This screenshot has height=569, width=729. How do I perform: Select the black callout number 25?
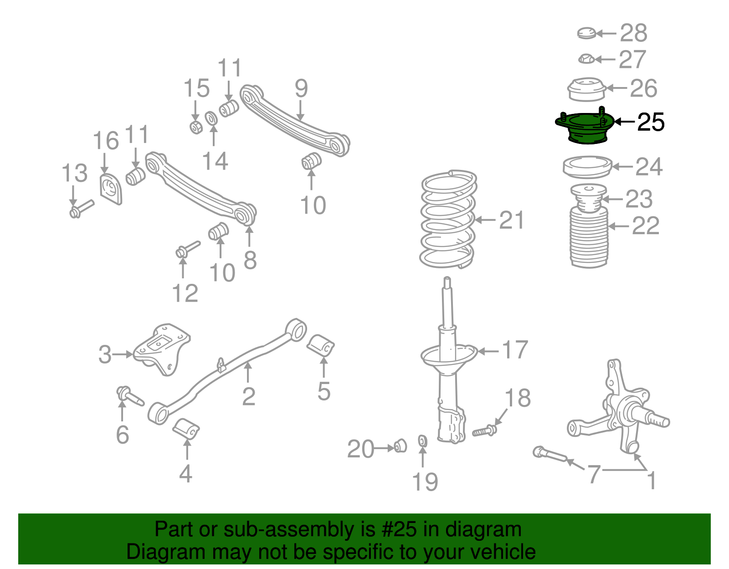pos(650,122)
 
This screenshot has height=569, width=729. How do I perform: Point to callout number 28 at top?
pos(633,33)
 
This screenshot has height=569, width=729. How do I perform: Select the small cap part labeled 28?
pos(586,33)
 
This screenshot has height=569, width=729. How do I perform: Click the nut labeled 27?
pos(586,59)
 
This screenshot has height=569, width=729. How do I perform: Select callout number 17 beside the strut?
pos(514,350)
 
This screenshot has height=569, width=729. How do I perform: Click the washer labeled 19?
pos(422,441)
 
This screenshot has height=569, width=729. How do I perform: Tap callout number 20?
pos(360,449)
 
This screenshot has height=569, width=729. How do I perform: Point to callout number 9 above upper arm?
pos(301,88)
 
